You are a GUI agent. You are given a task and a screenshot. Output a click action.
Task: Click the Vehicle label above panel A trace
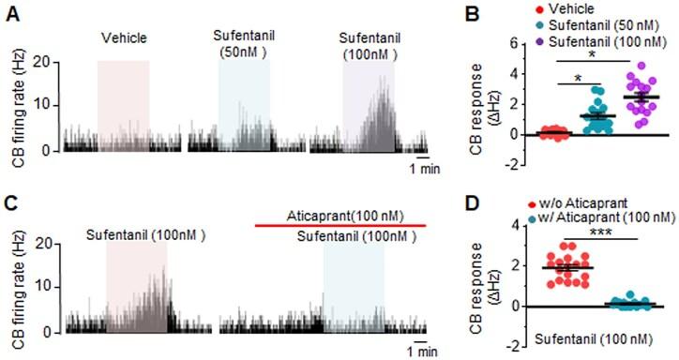(x=124, y=40)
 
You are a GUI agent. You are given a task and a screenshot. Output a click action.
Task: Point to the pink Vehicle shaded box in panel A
(x=124, y=103)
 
